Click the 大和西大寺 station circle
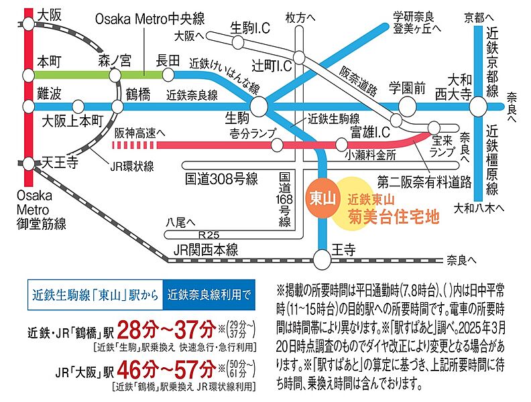click(477, 107)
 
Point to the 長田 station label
click(168, 59)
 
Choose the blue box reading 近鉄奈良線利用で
click(209, 293)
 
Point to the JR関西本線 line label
click(206, 249)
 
